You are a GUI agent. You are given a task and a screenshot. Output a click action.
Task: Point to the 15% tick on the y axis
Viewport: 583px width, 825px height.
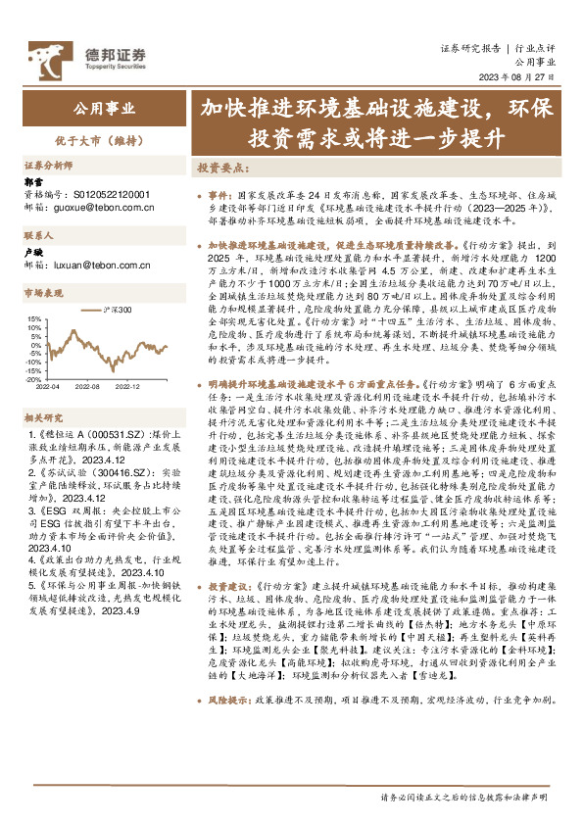tap(33, 319)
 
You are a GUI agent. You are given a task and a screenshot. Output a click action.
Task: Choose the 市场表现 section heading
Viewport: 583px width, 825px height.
tap(43, 293)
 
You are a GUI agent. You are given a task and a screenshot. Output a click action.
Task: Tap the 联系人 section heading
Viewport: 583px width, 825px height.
tap(38, 235)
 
